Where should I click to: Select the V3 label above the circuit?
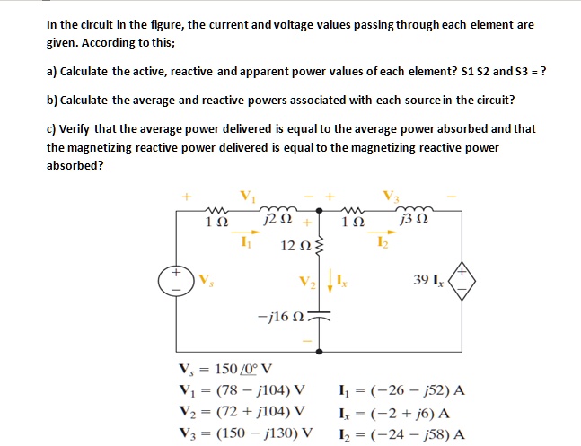[x=388, y=195]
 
